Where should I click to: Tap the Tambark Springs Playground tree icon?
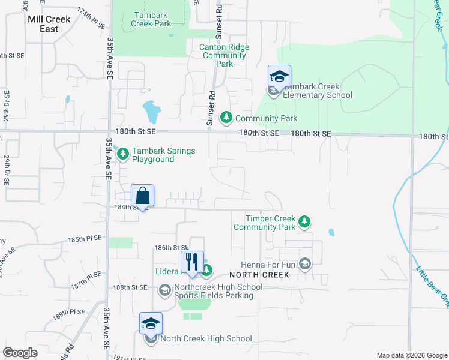click(122, 155)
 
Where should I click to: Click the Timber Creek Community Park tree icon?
click(305, 223)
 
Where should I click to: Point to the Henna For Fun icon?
click(305, 265)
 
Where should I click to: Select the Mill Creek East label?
click(49, 24)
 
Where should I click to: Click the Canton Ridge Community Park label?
click(225, 55)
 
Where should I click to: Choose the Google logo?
click(20, 353)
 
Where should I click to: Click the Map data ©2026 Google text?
click(411, 355)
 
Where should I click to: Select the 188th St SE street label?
click(130, 287)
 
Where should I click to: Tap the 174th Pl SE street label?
click(91, 15)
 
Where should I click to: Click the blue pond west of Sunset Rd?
click(151, 111)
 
